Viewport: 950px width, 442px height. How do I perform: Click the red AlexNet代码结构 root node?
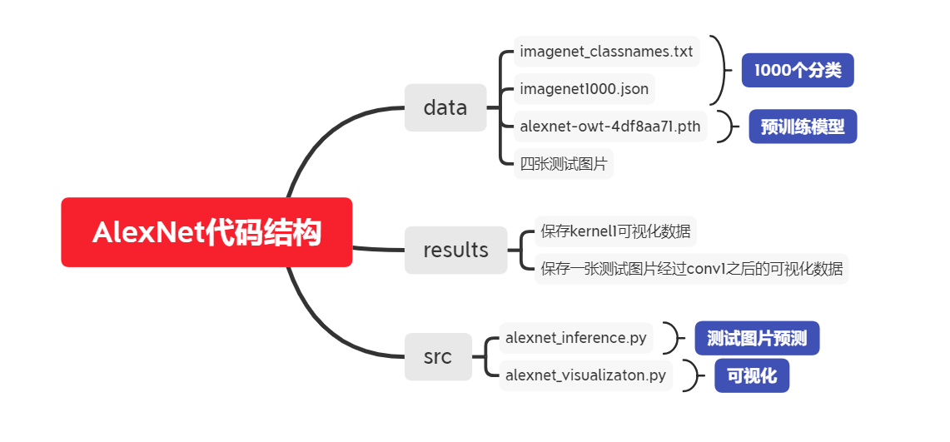click(x=206, y=232)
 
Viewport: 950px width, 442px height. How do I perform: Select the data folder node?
click(x=445, y=107)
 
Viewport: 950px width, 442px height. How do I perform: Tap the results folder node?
click(x=455, y=250)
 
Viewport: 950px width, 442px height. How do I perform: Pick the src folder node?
click(x=438, y=357)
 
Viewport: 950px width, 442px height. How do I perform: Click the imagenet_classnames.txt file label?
click(x=605, y=52)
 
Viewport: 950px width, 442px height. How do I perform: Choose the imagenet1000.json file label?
click(x=584, y=89)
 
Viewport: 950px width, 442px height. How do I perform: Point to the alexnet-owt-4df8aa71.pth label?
click(x=610, y=127)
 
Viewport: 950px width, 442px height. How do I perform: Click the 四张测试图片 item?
click(x=563, y=163)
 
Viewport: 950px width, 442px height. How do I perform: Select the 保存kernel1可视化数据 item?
click(x=615, y=231)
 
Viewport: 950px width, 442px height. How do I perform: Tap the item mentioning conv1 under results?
click(x=691, y=269)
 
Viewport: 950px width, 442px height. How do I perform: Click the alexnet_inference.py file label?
click(x=577, y=338)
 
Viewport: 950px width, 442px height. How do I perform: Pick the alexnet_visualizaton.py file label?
click(x=585, y=375)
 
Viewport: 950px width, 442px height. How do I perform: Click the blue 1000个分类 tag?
click(x=798, y=71)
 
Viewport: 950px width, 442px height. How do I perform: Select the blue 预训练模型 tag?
click(x=803, y=127)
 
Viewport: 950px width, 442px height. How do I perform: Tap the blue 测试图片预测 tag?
click(x=757, y=338)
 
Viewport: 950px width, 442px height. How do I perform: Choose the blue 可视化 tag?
click(x=752, y=375)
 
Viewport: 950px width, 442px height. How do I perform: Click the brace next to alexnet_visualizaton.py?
click(x=692, y=375)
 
